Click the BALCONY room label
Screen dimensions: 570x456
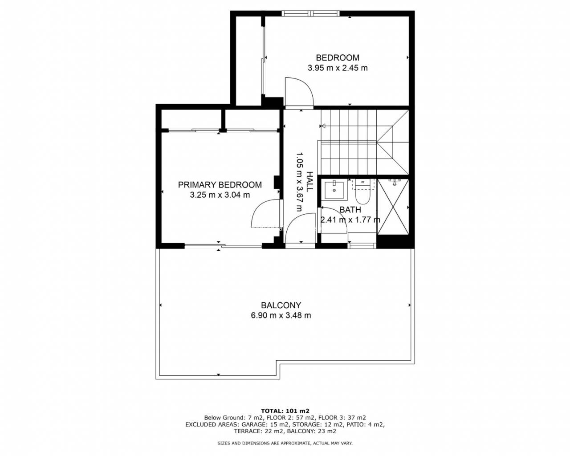pos(281,305)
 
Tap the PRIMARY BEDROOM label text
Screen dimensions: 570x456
pos(220,185)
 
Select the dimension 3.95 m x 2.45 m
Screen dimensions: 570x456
pos(338,68)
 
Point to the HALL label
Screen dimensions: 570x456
pos(309,182)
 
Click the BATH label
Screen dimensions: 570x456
pos(350,210)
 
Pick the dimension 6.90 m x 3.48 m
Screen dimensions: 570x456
pos(281,316)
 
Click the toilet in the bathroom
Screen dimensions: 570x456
pos(362,192)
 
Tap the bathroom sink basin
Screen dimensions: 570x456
pos(334,190)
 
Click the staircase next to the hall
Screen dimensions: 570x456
pos(365,142)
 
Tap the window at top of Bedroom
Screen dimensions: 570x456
pos(310,13)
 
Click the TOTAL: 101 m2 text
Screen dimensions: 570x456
pos(285,411)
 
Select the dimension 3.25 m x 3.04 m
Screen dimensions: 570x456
pos(220,195)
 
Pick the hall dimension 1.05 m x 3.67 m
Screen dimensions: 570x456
pos(299,182)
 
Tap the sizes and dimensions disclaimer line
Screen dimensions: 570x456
pos(285,443)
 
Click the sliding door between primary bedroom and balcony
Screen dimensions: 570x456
pos(223,246)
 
